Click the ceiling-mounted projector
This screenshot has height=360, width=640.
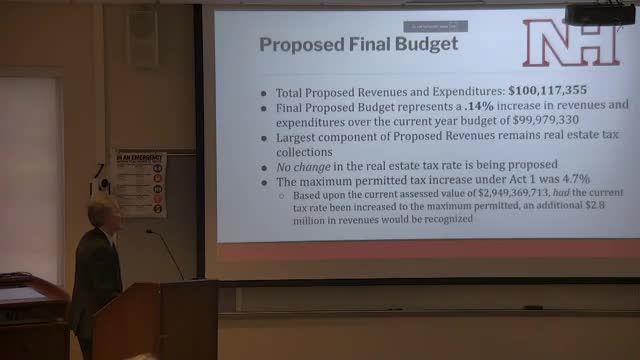599,13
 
